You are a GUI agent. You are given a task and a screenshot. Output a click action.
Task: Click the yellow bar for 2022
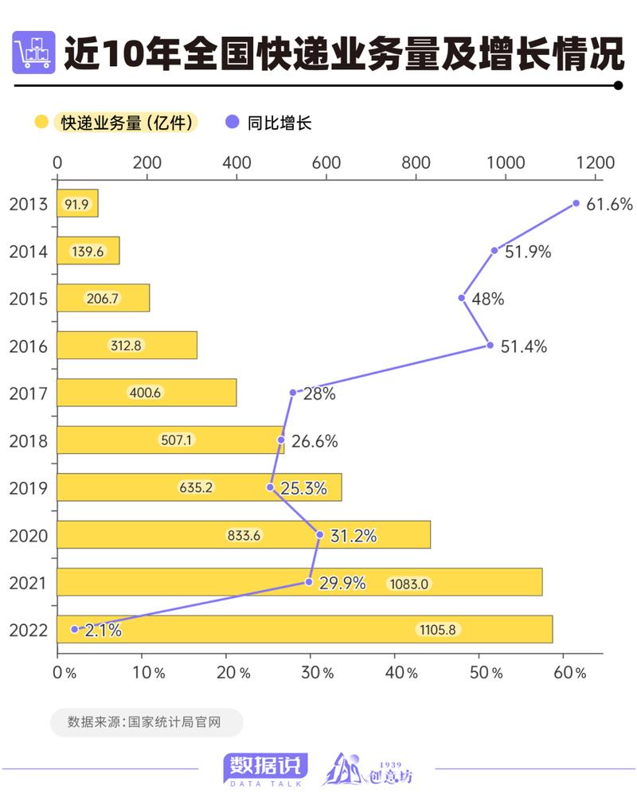coord(305,629)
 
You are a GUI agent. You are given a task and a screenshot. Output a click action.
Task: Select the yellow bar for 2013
coord(77,204)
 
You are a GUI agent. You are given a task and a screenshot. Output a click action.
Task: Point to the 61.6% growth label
coord(609,204)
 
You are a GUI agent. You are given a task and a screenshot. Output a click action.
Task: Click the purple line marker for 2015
coord(462,298)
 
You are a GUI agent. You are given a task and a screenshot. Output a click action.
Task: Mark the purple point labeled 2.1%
coord(75,628)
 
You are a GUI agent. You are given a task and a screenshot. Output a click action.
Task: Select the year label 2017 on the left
coord(28,393)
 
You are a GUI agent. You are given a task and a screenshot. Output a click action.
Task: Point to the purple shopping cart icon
coord(34,52)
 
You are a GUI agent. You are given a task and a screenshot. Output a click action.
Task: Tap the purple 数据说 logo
coord(265,768)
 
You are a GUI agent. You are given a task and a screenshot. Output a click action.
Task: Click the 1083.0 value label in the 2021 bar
coord(408,584)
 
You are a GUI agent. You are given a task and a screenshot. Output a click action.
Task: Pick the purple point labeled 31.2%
coord(320,534)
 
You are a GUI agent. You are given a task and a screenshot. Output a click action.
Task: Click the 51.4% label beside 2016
coord(523,346)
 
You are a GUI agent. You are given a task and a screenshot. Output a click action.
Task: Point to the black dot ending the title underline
coord(618,85)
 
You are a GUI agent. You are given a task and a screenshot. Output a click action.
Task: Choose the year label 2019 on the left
coord(28,488)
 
